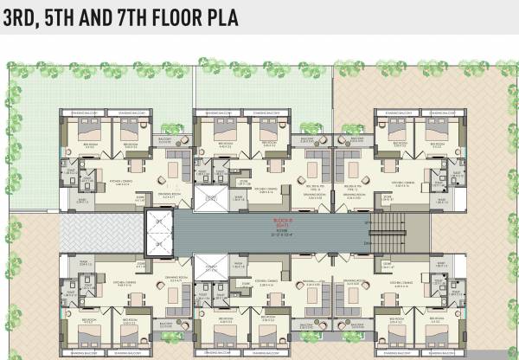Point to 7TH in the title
coord(128,16)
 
